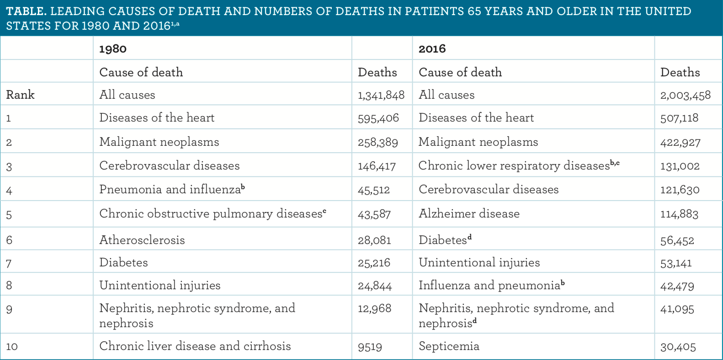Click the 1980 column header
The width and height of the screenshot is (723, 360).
pyautogui.click(x=113, y=49)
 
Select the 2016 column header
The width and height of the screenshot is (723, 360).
pyautogui.click(x=432, y=49)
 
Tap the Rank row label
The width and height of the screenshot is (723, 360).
pyautogui.click(x=21, y=95)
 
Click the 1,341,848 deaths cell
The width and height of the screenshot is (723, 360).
pyautogui.click(x=381, y=95)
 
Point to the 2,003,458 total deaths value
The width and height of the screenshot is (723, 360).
pyautogui.click(x=685, y=95)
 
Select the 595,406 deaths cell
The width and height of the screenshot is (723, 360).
pyautogui.click(x=378, y=118)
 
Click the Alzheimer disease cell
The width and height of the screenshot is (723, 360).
pyautogui.click(x=469, y=214)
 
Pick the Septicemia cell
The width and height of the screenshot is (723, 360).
pyautogui.click(x=449, y=346)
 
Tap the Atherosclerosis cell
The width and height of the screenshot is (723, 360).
pyautogui.click(x=142, y=240)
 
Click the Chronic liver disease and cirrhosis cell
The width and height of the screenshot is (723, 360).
pyautogui.click(x=195, y=346)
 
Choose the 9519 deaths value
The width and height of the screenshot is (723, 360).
pyautogui.click(x=370, y=347)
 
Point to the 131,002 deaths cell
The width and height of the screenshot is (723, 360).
pyautogui.click(x=680, y=166)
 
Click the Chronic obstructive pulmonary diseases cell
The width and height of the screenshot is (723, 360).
pyautogui.click(x=213, y=214)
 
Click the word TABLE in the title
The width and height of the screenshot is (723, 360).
pyautogui.click(x=26, y=11)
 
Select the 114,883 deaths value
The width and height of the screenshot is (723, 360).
pyautogui.click(x=679, y=214)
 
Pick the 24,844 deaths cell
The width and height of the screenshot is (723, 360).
pyautogui.click(x=375, y=286)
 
